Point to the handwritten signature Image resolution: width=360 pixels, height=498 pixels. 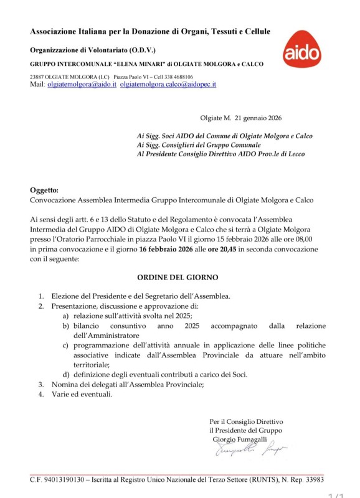point(249,449)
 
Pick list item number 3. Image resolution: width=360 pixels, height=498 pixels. point(40,384)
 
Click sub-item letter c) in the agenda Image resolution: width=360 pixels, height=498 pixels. point(65,345)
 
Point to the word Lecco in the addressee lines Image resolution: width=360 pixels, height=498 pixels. point(295,153)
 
